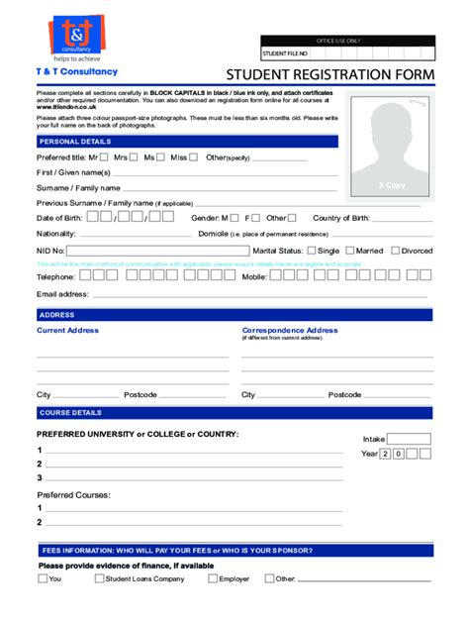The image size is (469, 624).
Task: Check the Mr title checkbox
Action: click(104, 156)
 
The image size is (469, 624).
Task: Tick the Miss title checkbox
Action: click(194, 156)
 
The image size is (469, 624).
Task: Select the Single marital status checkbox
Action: click(310, 251)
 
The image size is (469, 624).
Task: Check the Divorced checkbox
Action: click(395, 251)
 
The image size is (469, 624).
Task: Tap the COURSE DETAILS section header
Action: click(69, 412)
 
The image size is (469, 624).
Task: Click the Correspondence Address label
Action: click(290, 330)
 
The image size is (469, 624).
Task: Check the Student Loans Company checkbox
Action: click(99, 578)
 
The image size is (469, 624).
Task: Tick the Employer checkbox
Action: click(212, 578)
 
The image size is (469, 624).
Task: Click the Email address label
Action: click(62, 294)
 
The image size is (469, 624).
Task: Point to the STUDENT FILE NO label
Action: click(285, 53)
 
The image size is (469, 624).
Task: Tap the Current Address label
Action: click(67, 330)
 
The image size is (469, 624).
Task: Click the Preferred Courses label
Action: click(74, 494)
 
